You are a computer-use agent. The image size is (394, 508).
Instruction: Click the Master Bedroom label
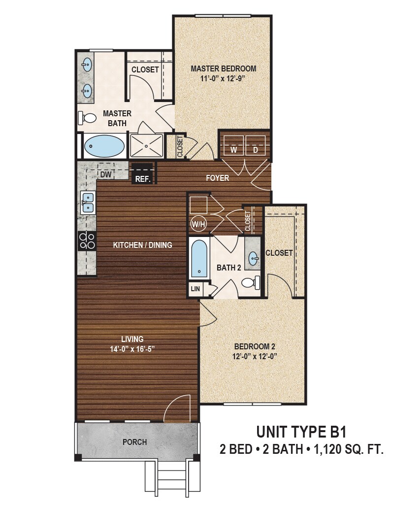tap(224, 68)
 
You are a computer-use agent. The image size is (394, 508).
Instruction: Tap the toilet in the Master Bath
tap(88, 118)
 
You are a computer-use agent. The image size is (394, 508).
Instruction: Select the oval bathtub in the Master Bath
tap(104, 146)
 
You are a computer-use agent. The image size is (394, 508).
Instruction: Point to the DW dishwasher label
tap(104, 174)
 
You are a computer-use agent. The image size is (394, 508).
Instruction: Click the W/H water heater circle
tap(196, 223)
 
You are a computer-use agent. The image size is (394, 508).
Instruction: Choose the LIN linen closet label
tap(195, 289)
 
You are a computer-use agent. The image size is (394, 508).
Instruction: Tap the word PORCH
tap(134, 442)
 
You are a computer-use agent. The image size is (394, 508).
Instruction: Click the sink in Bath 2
tap(253, 257)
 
